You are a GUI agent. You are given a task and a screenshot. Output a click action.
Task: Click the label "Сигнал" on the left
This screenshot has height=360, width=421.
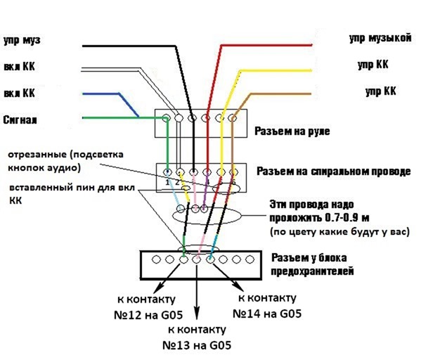(20, 120)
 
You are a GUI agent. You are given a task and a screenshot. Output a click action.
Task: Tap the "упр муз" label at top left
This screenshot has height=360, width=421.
(22, 40)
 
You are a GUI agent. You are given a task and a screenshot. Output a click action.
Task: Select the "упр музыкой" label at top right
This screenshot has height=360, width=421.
(380, 38)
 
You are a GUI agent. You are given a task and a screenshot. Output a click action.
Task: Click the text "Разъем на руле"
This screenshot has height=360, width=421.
(292, 131)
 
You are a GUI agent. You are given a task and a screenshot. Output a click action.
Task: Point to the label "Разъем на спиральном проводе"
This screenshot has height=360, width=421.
(333, 172)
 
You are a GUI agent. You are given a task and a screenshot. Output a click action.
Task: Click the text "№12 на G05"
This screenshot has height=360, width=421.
(148, 315)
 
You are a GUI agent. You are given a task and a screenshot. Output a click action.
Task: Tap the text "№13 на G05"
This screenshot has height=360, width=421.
(197, 345)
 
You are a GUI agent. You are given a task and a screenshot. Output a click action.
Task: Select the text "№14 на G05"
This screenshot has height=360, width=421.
(267, 314)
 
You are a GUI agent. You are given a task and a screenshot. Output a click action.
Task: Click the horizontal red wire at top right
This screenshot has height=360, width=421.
(266, 46)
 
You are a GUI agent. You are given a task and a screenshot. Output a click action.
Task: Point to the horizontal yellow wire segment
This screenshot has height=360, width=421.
(276, 70)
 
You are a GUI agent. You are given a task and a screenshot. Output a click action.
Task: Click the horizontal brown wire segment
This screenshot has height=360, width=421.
(281, 94)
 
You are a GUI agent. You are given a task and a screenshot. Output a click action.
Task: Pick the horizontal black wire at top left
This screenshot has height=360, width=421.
(129, 46)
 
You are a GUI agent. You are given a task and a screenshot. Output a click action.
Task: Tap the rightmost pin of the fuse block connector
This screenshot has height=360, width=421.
(250, 259)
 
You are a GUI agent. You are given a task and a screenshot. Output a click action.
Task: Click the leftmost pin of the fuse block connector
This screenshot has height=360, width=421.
(156, 259)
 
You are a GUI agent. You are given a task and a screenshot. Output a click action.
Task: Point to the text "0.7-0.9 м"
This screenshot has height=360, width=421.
(347, 217)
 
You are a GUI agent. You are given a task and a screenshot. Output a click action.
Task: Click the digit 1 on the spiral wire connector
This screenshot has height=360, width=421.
(167, 182)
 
